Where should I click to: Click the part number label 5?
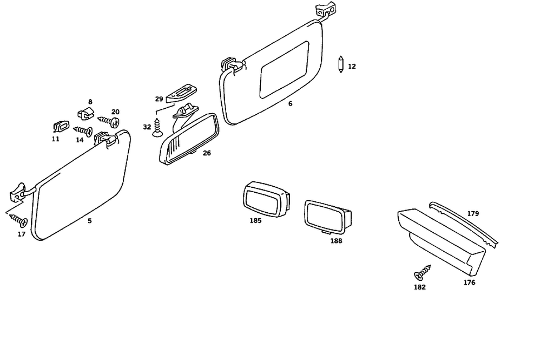pos(90,221)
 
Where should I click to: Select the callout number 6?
pos(291,103)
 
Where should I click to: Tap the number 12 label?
pos(352,67)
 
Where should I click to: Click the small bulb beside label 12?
pos(340,65)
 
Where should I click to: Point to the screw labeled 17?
pos(20,220)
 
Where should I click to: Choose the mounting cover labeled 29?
pos(181,93)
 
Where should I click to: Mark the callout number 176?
pos(469,283)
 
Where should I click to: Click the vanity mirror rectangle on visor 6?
pos(283,70)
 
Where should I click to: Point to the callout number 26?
pos(207,153)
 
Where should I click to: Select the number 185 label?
pos(255,221)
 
